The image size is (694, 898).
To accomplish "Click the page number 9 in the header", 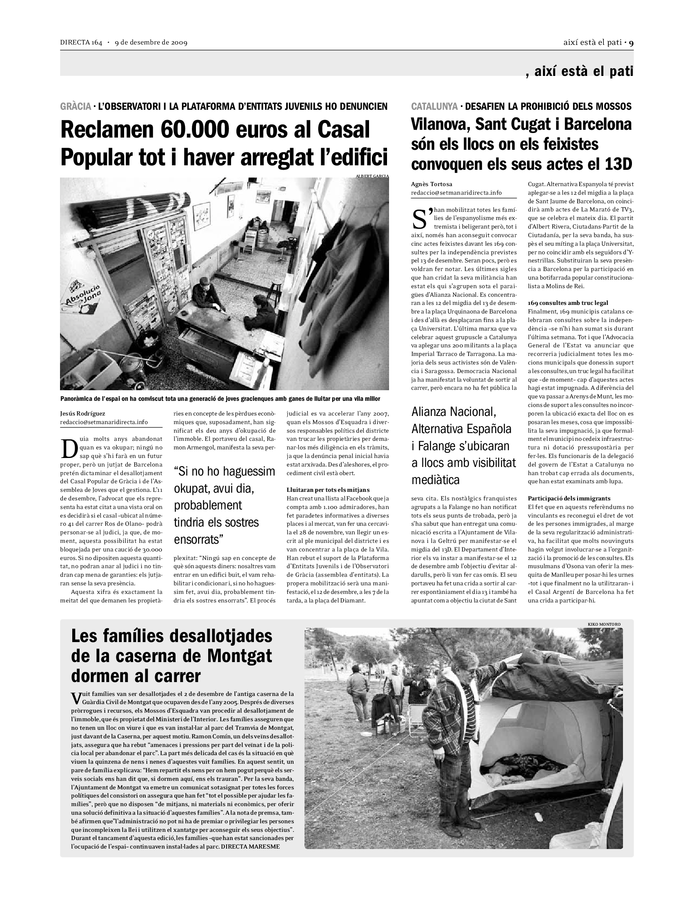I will tap(631, 42).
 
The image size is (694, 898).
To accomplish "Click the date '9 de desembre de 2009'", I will tap(151, 43).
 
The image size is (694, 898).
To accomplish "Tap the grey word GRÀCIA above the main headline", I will tap(75, 107).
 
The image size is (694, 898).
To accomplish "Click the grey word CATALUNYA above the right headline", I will tap(434, 107).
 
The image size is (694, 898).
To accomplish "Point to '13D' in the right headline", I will tap(618, 164).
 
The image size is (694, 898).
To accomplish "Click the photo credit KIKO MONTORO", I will tap(604, 624).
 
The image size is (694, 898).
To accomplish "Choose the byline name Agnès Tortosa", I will tap(431, 184).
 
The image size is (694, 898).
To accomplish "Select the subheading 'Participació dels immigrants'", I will tap(569, 498).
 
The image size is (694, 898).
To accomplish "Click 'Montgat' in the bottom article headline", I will tap(239, 656).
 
